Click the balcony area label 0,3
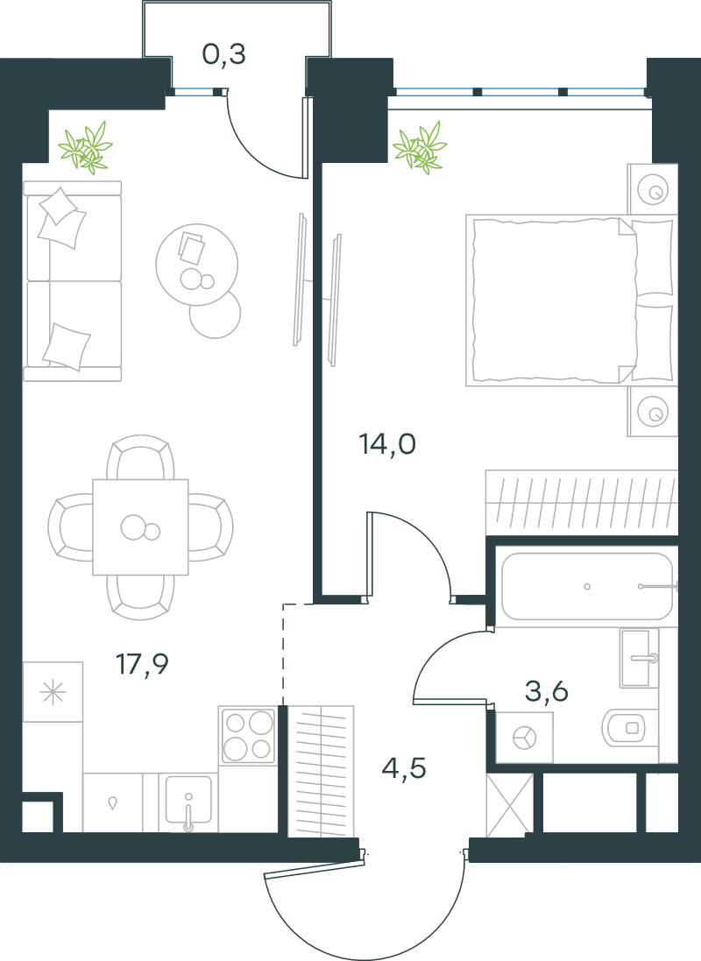coord(223,54)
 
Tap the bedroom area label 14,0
coord(387,444)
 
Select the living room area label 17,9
coord(142,664)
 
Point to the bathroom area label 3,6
coord(547,691)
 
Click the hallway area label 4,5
coord(404,767)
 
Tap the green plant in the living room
coord(86,147)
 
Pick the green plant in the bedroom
coord(420,147)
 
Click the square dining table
coord(140,527)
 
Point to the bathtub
coord(588,587)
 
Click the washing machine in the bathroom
coord(524,738)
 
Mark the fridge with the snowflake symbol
coord(53,692)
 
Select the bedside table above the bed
coord(653,188)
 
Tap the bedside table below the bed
coord(653,411)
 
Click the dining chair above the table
coord(140,457)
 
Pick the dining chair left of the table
coord(70,527)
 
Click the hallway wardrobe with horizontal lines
coord(321,771)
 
